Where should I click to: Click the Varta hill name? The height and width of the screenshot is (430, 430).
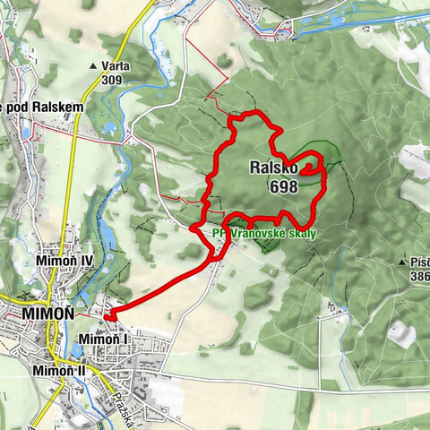tap(116, 65)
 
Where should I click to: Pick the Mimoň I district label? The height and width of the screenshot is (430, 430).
tap(104, 339)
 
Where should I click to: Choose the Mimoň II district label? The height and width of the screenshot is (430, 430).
tap(57, 369)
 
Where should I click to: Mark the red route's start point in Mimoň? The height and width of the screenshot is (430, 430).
tap(107, 314)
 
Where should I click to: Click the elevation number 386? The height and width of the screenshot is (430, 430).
tap(417, 278)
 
